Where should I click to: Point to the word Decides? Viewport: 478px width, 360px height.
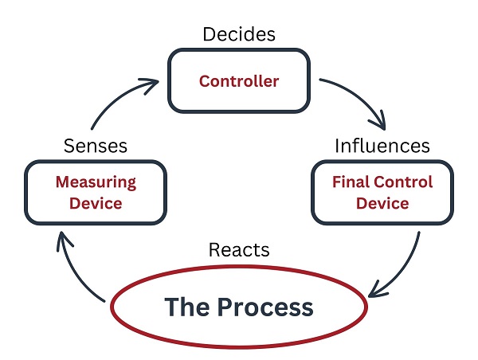tap(239, 34)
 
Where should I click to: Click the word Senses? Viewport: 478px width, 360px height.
tap(96, 146)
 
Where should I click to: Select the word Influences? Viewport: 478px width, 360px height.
tap(382, 146)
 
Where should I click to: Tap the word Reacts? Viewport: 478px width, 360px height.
tap(239, 250)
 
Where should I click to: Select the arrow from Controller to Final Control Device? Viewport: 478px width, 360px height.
tap(360, 96)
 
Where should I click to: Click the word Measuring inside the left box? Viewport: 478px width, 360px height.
tap(96, 182)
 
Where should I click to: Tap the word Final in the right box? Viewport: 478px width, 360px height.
tap(351, 182)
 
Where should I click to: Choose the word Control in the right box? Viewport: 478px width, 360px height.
tap(403, 182)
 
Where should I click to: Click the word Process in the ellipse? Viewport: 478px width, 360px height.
tap(265, 307)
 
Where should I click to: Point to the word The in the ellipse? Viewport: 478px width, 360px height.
tap(187, 307)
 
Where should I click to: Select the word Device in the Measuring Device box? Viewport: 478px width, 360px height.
tap(96, 203)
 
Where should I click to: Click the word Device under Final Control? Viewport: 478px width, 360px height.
tap(382, 203)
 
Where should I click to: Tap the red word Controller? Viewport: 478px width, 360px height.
tap(239, 81)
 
